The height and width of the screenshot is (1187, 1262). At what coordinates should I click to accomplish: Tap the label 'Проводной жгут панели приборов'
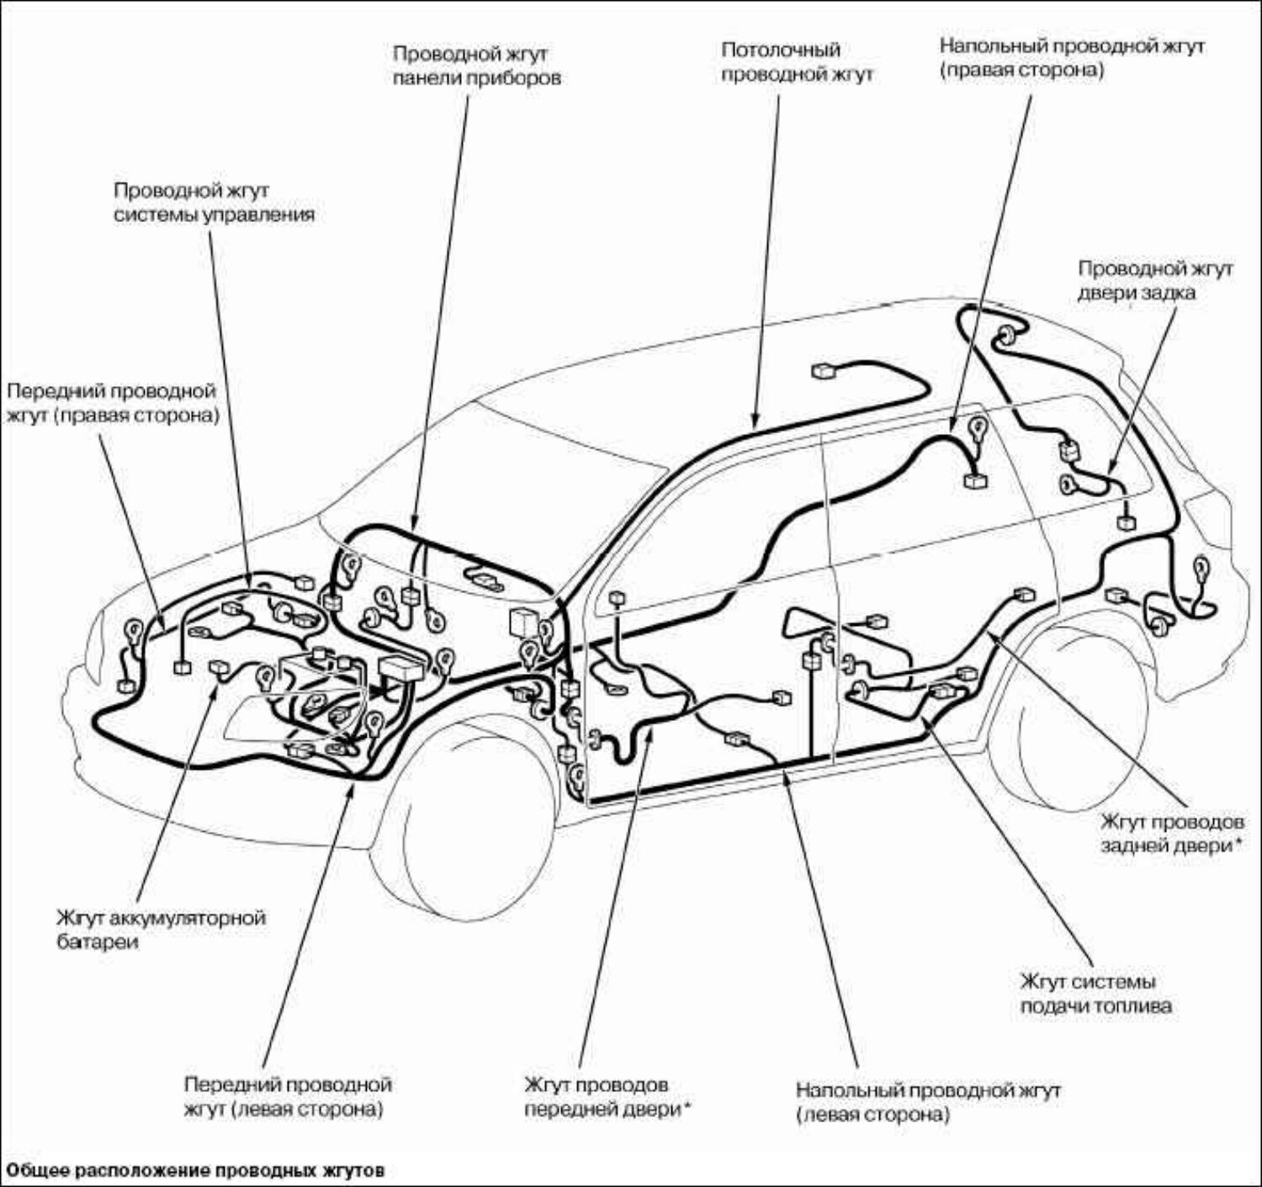[476, 66]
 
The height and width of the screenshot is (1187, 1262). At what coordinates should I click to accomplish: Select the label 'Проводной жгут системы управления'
[214, 202]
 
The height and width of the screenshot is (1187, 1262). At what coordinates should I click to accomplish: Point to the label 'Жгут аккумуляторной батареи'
[161, 929]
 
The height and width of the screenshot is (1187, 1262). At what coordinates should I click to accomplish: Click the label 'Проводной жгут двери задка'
[1155, 280]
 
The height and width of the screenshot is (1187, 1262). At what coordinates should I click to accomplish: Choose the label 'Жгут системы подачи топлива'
[1095, 994]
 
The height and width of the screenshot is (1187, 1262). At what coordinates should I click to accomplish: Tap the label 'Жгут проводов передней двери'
[607, 1097]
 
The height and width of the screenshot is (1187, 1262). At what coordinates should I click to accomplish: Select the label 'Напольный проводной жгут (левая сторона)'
[928, 1102]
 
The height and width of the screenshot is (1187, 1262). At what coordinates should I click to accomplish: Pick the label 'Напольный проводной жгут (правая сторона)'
[1072, 57]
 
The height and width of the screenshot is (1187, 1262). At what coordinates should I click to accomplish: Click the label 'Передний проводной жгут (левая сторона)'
[288, 1097]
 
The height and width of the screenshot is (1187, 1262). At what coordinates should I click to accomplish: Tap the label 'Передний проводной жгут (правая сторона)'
[112, 403]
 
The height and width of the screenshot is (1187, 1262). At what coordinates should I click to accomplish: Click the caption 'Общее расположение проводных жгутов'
[196, 1170]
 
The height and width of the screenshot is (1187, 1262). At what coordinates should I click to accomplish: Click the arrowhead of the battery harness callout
[217, 677]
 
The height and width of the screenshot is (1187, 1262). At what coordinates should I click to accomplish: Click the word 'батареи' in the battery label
[98, 941]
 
